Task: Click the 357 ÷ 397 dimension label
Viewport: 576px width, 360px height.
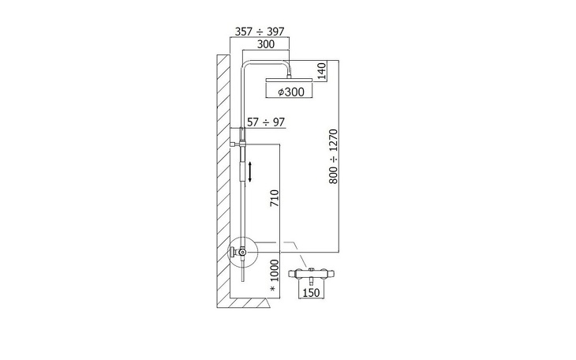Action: click(260, 32)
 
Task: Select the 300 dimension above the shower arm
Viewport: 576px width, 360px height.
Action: click(266, 44)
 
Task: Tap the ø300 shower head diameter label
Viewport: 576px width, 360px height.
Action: click(291, 92)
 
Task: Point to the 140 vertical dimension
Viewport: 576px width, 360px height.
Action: click(321, 71)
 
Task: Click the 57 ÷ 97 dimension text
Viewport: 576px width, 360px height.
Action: click(266, 122)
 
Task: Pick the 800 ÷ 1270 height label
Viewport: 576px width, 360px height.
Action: click(333, 156)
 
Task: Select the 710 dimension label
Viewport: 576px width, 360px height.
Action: click(275, 198)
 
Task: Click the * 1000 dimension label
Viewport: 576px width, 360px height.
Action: click(275, 276)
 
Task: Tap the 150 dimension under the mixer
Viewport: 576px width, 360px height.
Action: click(311, 293)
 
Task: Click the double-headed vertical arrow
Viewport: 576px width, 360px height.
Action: click(250, 172)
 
